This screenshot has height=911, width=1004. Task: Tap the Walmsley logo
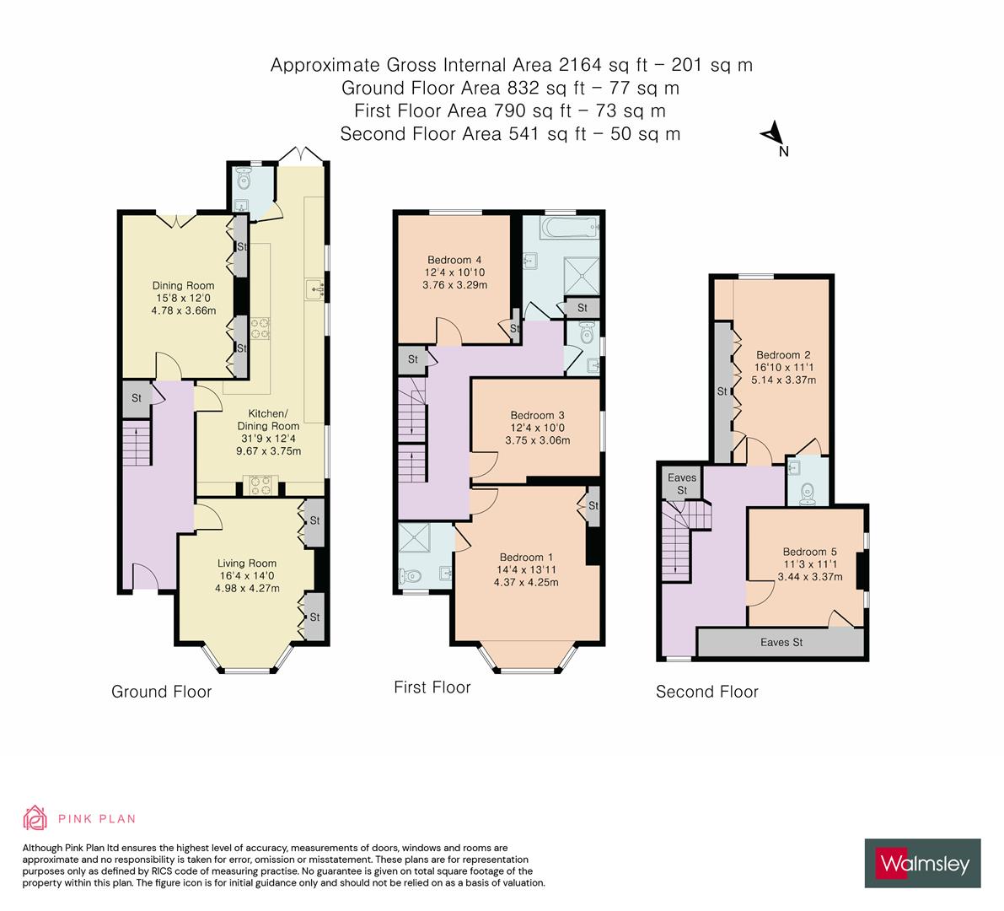[x=923, y=863]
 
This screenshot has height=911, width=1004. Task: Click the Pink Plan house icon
[x=35, y=817]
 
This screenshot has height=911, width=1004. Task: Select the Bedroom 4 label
[x=454, y=260]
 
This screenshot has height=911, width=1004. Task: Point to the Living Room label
[x=247, y=563]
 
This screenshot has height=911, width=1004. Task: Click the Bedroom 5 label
[x=810, y=552]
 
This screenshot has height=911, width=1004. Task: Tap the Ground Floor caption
[x=161, y=692]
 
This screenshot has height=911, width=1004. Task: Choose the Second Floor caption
[x=707, y=692]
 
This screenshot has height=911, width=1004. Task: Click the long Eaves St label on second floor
[x=781, y=642]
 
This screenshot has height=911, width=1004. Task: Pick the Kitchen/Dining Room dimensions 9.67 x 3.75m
[x=268, y=450]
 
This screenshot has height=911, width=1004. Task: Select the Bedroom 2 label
[x=783, y=355]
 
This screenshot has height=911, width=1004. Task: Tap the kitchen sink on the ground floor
[x=315, y=289]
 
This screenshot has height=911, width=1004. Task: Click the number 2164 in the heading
[x=580, y=65]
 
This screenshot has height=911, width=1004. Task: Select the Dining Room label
[x=183, y=286]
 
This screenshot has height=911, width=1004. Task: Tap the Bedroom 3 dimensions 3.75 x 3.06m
[x=537, y=440]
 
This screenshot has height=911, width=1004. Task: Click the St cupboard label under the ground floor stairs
[x=137, y=398]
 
